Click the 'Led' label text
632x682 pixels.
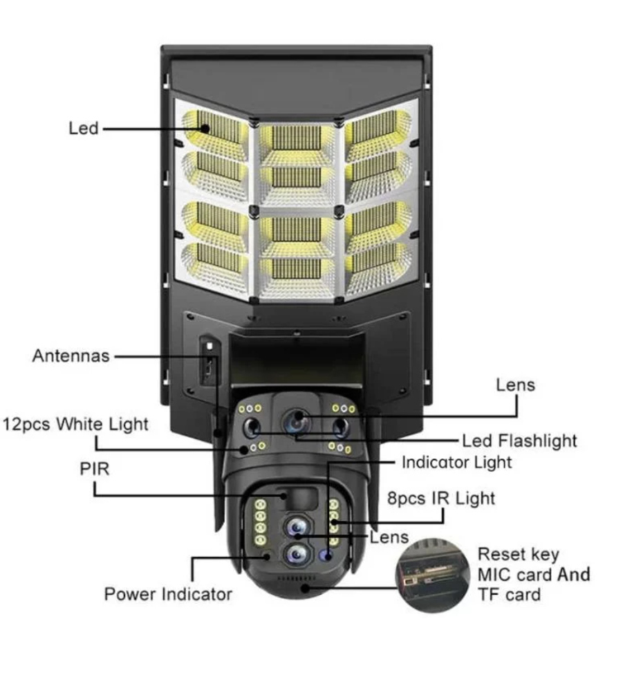coord(84,129)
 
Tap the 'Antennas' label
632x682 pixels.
coord(71,356)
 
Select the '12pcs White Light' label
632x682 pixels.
coord(75,424)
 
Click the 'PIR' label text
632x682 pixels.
coord(94,469)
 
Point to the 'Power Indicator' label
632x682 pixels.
coord(168,594)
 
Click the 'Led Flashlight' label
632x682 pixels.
coord(519,441)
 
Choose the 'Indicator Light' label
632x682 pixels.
coord(457,462)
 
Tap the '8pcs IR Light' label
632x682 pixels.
coord(441,499)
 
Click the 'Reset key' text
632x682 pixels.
coord(518,555)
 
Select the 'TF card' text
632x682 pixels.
coord(509,595)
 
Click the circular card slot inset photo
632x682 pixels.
coord(432,575)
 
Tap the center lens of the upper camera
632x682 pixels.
coord(297,421)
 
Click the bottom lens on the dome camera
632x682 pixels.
coord(297,555)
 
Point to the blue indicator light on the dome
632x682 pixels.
coord(326,555)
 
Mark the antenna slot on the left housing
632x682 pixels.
coord(209,360)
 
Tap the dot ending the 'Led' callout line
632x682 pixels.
coord(205,129)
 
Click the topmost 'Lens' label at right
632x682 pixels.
coord(516,385)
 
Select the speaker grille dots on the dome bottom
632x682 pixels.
coord(297,579)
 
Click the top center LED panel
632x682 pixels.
coord(297,138)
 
